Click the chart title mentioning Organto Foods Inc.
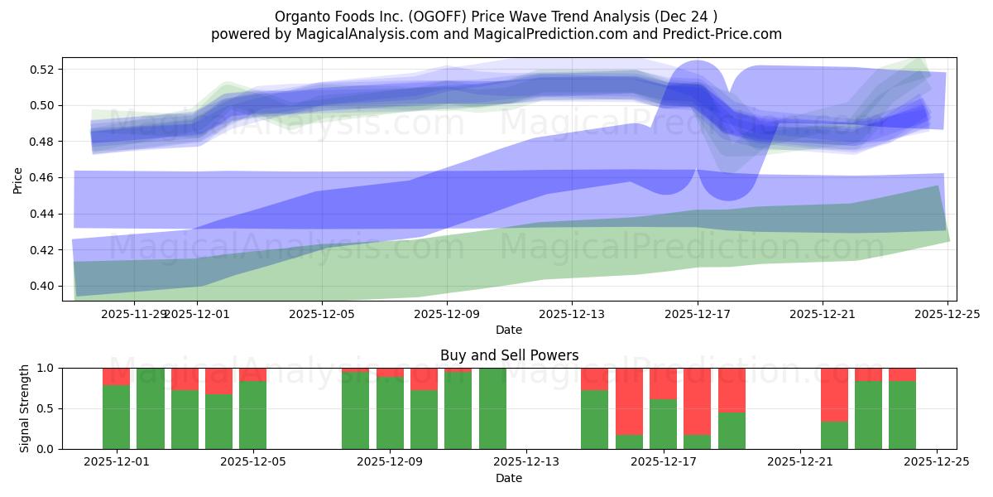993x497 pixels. coord(496,16)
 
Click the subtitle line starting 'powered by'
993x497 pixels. coord(496,34)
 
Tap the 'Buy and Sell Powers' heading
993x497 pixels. coord(509,355)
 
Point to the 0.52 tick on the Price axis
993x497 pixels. coord(43,70)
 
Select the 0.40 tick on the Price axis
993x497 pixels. coord(43,287)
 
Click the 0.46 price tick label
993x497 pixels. coord(43,178)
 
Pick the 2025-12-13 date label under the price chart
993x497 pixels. coord(572,314)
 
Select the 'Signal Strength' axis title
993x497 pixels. coord(25,408)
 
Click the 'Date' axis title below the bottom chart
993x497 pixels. coord(509,478)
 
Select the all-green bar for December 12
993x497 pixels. coord(492,408)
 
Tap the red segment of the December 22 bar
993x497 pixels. coord(834,394)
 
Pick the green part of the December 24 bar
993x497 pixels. coord(902,415)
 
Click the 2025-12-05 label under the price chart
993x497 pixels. coord(322,314)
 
